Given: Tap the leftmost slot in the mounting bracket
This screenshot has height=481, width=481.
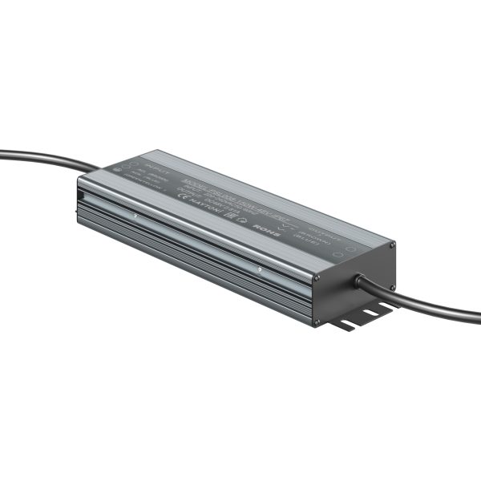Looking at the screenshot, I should [x=345, y=324].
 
